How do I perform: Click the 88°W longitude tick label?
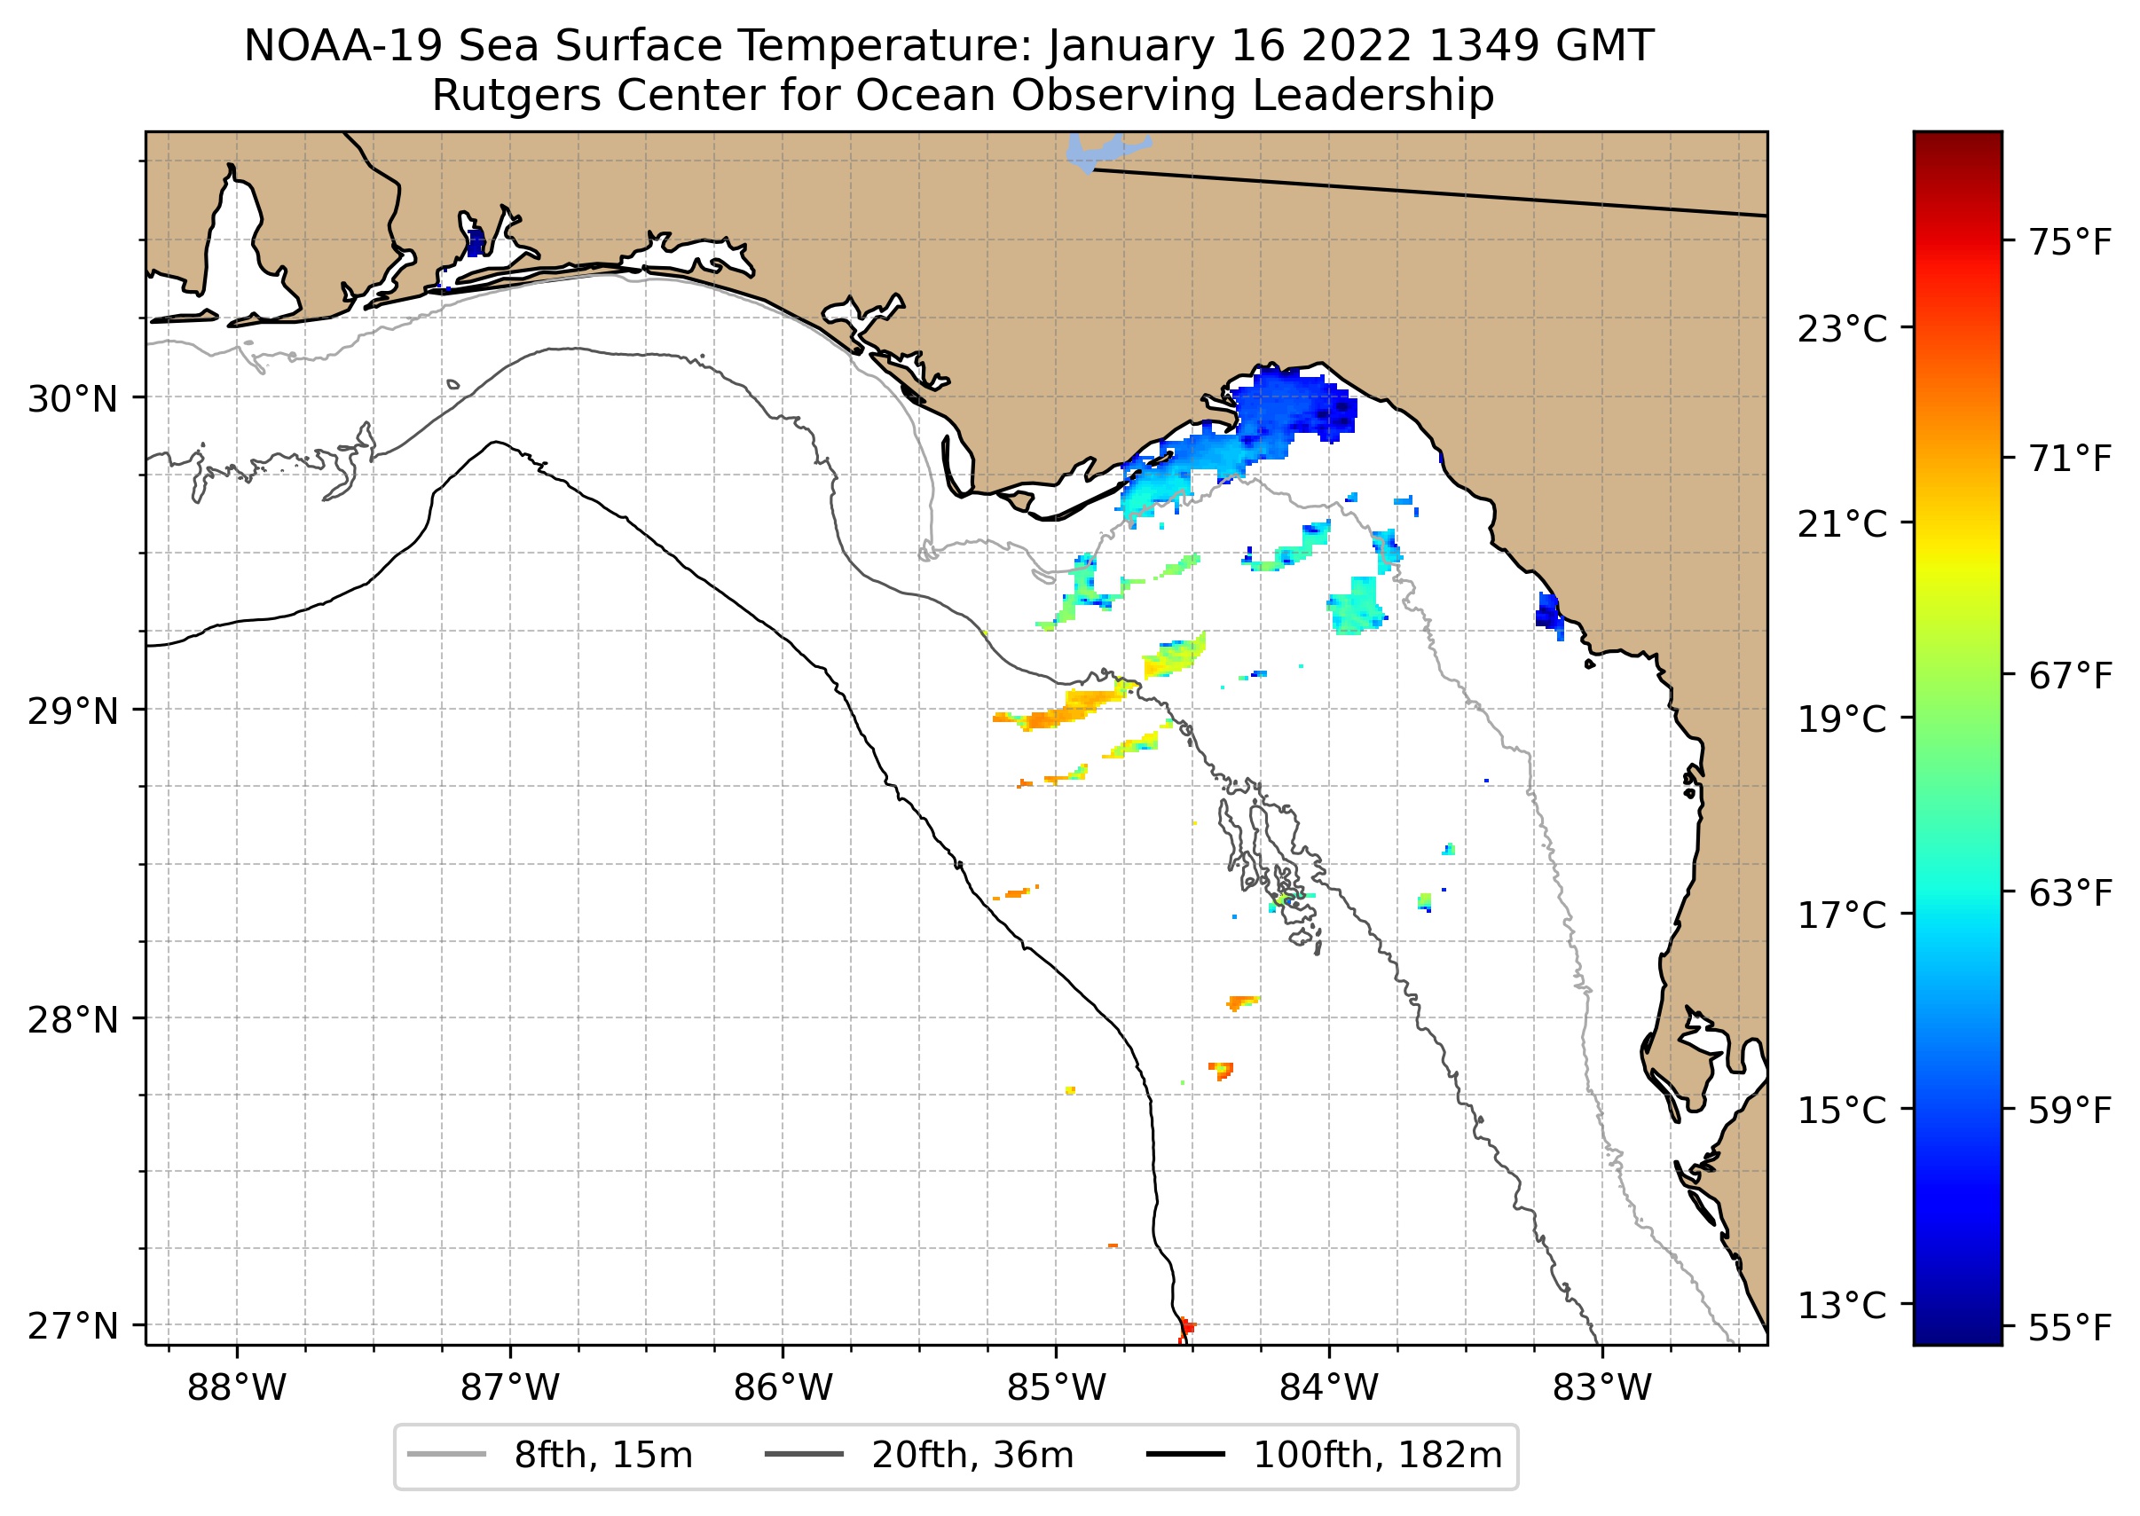coord(236,1388)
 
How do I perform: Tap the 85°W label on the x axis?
coord(1056,1388)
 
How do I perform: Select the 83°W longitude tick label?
coord(1602,1388)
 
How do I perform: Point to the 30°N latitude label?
coord(73,399)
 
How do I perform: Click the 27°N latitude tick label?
coord(73,1325)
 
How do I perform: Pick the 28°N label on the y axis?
coord(73,1020)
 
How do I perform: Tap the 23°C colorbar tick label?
coord(1842,329)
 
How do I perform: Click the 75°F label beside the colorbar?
coord(2070,243)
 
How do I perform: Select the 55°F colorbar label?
coord(2070,1327)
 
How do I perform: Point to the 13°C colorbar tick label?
coord(1842,1305)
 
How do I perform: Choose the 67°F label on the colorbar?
coord(2070,676)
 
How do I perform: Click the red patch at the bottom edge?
coord(1184,1328)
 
